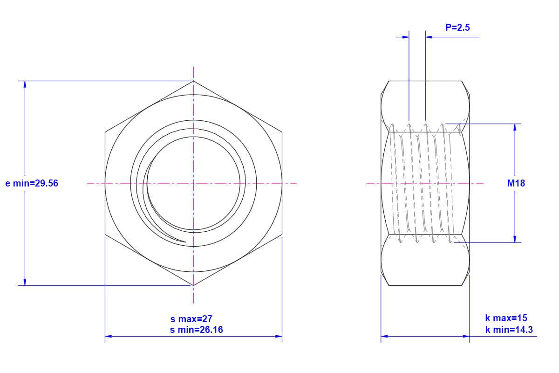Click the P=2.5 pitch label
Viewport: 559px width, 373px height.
[457, 28]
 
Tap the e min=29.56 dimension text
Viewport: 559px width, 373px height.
[32, 183]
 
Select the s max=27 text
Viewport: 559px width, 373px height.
[191, 319]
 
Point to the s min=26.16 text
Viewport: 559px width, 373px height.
[197, 330]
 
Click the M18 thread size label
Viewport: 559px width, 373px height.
[516, 183]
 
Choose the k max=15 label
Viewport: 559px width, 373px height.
[506, 318]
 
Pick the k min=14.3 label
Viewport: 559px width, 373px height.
[509, 330]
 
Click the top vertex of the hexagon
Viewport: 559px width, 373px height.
[193, 81]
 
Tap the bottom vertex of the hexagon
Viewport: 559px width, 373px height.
[193, 285]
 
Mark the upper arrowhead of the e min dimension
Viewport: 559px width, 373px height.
[25, 84]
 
